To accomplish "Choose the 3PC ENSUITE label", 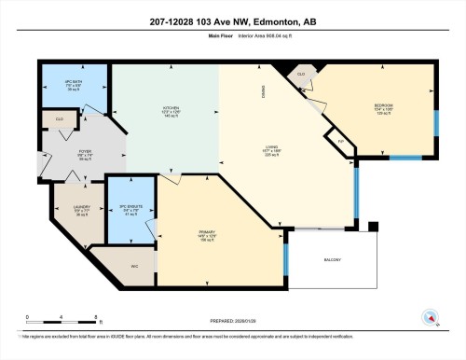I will coord(130,211).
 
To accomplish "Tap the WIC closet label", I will coord(134,266).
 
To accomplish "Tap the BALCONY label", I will coord(333,259).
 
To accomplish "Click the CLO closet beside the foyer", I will coord(58,120).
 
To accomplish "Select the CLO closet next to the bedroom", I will coord(301,74).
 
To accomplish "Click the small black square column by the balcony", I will coord(373,226).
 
